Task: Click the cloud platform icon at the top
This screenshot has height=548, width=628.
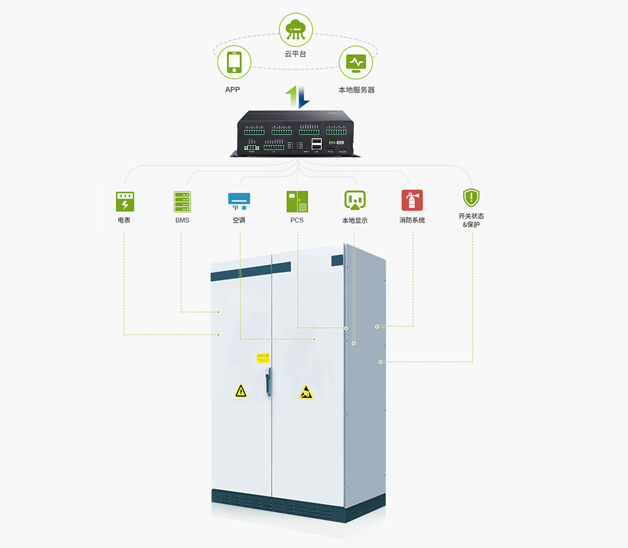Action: [296, 29]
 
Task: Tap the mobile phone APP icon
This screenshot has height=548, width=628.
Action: [234, 62]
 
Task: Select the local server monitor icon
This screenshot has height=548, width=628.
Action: [356, 62]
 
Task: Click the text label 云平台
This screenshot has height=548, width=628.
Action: [296, 54]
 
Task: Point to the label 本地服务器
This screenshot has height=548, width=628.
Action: [356, 90]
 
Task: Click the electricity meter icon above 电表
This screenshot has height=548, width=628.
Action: [124, 202]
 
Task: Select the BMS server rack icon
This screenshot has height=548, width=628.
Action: [182, 202]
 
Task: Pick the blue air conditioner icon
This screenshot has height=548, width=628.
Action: [239, 201]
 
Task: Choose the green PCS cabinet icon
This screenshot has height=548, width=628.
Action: [297, 202]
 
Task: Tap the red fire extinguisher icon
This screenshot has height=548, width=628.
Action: [412, 200]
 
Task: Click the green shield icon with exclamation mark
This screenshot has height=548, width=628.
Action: [471, 198]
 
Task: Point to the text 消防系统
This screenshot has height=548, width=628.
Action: [412, 220]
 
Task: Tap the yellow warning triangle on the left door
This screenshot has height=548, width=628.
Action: [241, 391]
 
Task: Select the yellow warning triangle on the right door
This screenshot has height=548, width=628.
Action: [306, 392]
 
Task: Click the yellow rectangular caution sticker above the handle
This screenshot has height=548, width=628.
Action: [263, 358]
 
